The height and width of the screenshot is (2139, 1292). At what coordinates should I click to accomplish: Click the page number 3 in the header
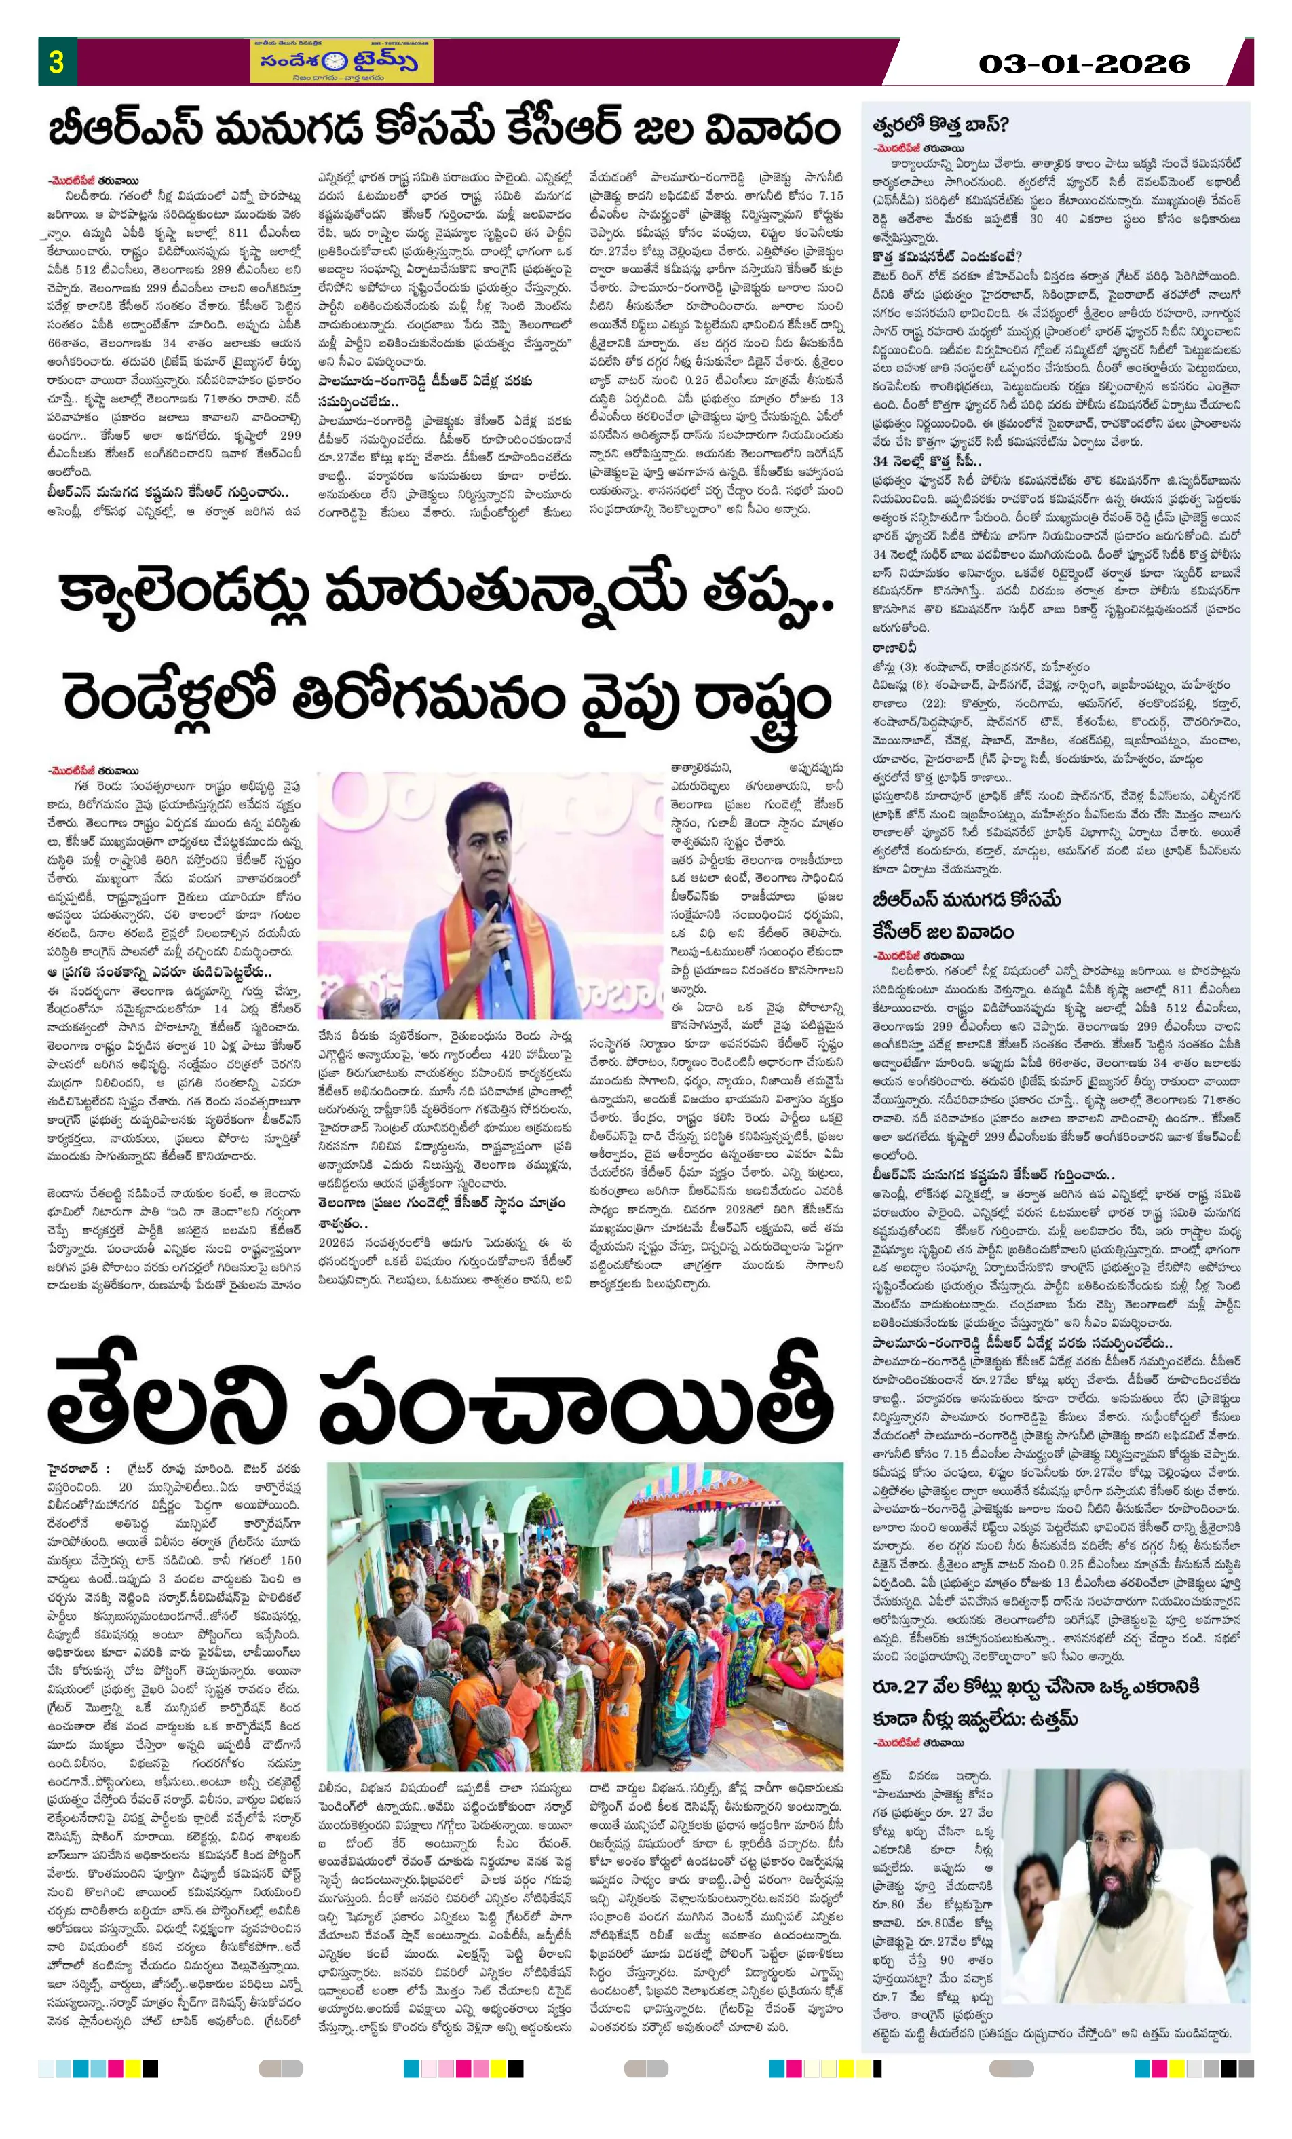pos(56,62)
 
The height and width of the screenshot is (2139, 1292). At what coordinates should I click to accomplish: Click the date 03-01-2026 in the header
pos(1084,63)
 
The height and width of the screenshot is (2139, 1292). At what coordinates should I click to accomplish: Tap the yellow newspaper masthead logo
pos(341,62)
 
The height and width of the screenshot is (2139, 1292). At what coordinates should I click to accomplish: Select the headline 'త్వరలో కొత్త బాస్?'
pos(940,124)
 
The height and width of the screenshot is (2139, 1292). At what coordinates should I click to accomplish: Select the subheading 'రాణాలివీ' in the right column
pos(895,647)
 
